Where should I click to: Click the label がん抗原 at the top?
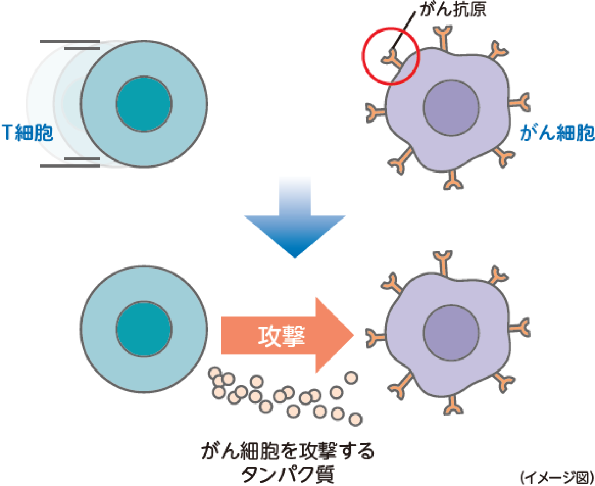pyautogui.click(x=453, y=10)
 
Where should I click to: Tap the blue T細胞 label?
pyautogui.click(x=27, y=133)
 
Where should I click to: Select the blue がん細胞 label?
pyautogui.click(x=557, y=133)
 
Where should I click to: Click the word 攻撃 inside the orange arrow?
pyautogui.click(x=282, y=335)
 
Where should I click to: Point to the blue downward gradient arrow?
pyautogui.click(x=295, y=220)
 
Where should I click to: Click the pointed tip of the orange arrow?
pyautogui.click(x=352, y=335)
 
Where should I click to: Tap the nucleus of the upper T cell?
pyautogui.click(x=144, y=103)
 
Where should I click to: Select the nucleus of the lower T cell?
pyautogui.click(x=144, y=329)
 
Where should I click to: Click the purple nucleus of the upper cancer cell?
pyautogui.click(x=451, y=107)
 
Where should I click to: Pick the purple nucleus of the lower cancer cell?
pyautogui.click(x=451, y=332)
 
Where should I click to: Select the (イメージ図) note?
pyautogui.click(x=556, y=477)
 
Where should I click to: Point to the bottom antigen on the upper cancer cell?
pyautogui.click(x=452, y=180)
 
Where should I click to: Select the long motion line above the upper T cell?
pyautogui.click(x=70, y=42)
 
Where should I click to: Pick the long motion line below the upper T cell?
pyautogui.click(x=70, y=166)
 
